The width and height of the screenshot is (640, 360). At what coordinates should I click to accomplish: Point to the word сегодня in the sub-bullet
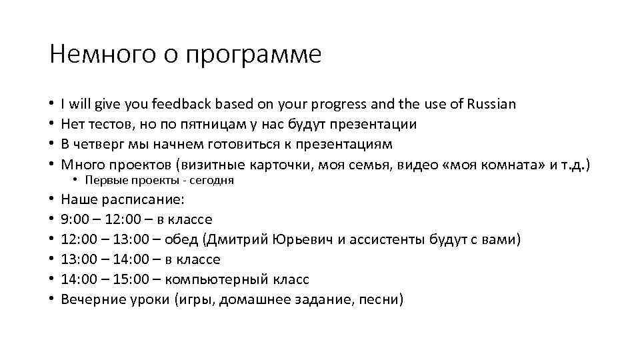(214, 181)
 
